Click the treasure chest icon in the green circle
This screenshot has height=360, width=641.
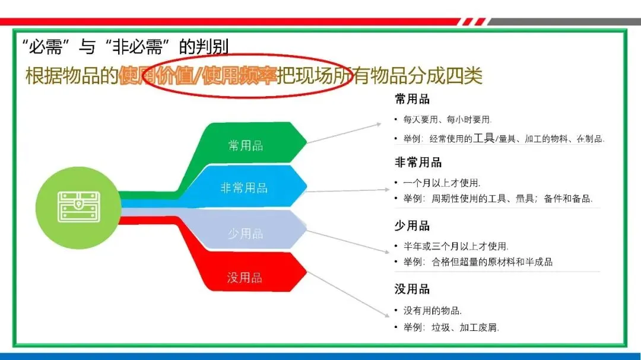[78, 206]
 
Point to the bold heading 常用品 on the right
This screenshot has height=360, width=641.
[412, 99]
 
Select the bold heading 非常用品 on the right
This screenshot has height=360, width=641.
[418, 163]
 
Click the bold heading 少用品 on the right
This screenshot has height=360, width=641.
[412, 226]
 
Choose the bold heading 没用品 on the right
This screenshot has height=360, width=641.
[412, 289]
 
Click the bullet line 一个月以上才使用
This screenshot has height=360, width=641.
[442, 183]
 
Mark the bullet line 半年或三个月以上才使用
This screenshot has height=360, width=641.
[456, 246]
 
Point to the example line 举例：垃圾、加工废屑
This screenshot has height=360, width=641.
[451, 327]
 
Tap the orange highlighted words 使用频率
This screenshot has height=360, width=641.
[240, 77]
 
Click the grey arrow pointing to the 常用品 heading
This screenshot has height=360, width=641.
[344, 133]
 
